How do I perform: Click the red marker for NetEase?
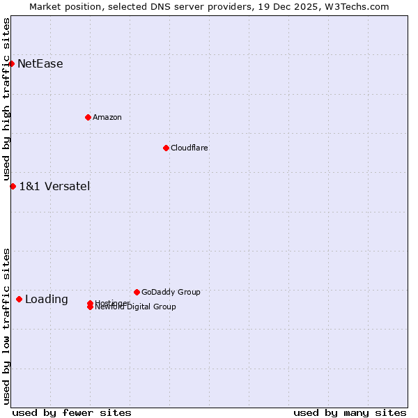pos(11,63)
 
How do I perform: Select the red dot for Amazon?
pos(88,117)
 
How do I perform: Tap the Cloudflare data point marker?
pos(166,148)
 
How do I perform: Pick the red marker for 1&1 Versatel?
pos(13,186)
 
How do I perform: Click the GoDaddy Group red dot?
pos(137,292)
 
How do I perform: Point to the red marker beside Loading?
pos(19,299)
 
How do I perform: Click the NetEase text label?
pos(40,64)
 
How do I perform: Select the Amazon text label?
pos(107,117)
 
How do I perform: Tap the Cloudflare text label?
pos(189,148)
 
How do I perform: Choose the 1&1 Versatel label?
pos(54,186)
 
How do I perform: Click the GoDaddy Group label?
pos(171,292)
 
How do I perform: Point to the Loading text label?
pos(47,300)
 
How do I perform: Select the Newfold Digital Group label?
pos(137,307)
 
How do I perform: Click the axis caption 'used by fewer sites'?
pos(72,412)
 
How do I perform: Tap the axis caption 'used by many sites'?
pos(350,412)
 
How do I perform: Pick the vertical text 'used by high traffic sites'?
pos(6,100)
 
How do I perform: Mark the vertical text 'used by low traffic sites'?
pos(6,326)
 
